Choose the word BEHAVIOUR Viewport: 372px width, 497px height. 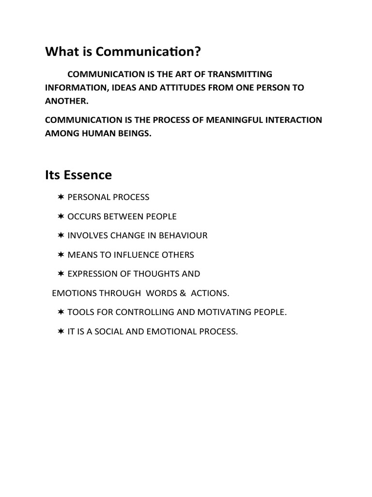[182, 235]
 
